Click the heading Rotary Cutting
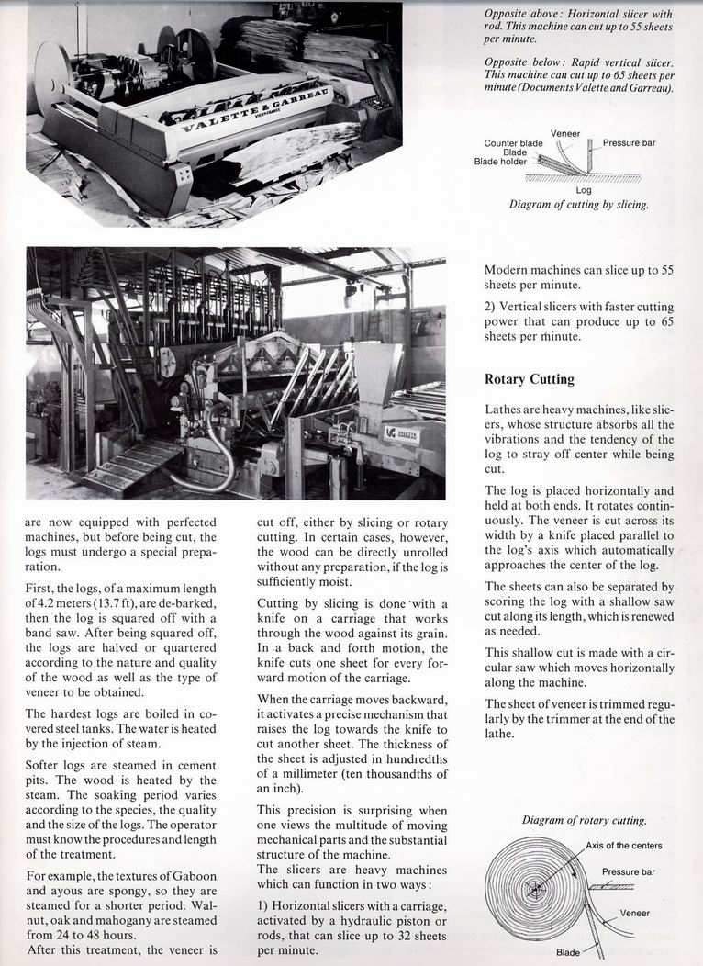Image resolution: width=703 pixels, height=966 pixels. coord(529,378)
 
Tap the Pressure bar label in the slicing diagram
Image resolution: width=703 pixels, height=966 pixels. coord(629,143)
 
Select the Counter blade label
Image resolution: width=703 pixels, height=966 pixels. coord(513,143)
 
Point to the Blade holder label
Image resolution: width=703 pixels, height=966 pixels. coord(500,162)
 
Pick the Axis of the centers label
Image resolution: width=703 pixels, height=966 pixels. coord(623,846)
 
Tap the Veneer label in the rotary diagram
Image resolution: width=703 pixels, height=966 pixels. coord(635,913)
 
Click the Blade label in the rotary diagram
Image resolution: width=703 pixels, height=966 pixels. coord(568,952)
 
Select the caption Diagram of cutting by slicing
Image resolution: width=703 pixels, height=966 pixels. coord(578,205)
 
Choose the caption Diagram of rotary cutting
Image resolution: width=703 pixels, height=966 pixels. coord(585,820)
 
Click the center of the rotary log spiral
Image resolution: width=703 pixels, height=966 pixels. coord(532,889)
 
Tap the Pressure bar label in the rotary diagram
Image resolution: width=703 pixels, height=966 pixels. coord(629,871)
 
